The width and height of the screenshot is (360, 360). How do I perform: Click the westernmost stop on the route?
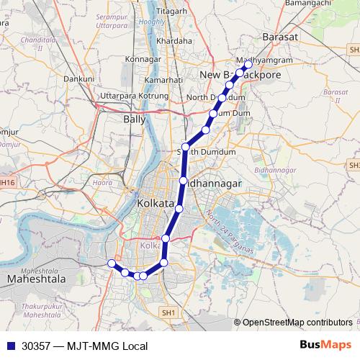tap(112, 264)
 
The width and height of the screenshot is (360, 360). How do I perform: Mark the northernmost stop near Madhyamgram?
tap(248, 64)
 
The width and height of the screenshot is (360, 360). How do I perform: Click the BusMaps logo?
tap(325, 346)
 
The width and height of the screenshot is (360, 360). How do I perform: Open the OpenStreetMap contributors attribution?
tap(297, 323)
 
